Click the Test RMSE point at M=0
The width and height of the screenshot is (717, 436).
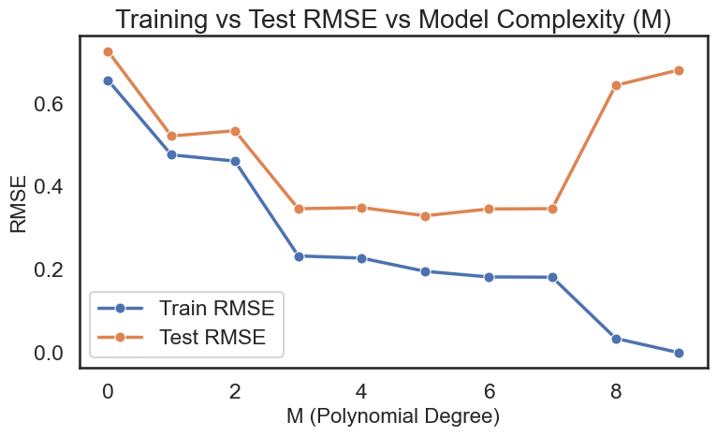(108, 51)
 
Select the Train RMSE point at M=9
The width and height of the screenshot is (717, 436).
(679, 353)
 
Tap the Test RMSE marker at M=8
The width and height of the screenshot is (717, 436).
(615, 85)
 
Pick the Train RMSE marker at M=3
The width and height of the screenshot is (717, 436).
(299, 255)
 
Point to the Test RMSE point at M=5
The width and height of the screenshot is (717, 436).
(425, 216)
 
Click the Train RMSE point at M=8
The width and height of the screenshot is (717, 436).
(615, 339)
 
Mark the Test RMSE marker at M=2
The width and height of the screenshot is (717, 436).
(235, 131)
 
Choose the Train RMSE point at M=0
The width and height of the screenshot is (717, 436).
(108, 80)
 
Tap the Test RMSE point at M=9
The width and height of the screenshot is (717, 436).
(679, 70)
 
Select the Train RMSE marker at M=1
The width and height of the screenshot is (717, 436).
(171, 154)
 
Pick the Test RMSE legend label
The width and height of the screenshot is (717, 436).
(219, 340)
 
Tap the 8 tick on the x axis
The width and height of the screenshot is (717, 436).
(615, 389)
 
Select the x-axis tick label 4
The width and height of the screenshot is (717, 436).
(361, 389)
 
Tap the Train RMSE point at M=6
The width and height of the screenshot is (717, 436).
(489, 277)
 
